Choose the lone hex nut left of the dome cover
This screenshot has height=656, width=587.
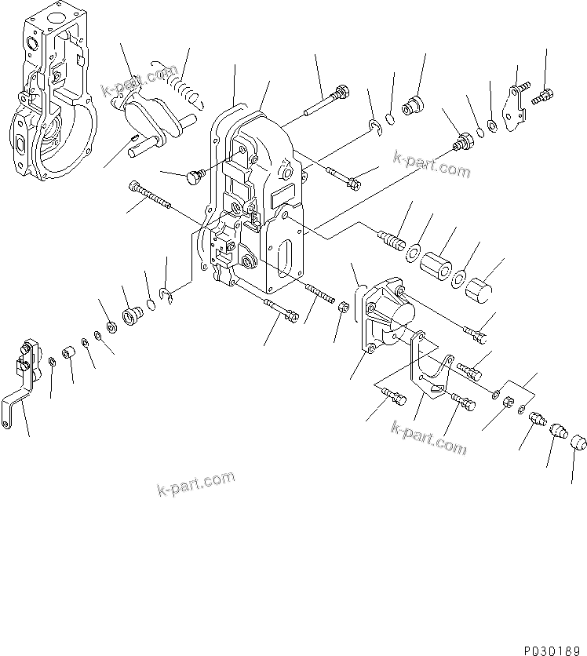[342, 307]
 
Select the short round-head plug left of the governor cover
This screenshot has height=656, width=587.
[195, 177]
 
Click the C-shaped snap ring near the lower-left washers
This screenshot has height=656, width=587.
[166, 294]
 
